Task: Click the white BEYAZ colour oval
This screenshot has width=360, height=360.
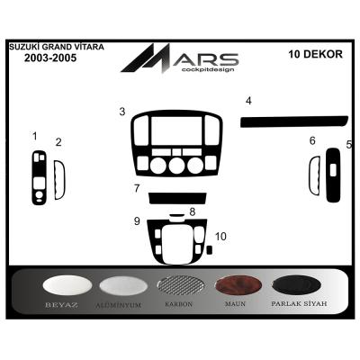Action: coord(67,286)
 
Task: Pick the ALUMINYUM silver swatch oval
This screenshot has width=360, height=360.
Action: coord(123,286)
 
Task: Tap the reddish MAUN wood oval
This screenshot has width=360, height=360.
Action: coord(240,286)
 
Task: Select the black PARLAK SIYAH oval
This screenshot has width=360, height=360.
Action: coord(300,286)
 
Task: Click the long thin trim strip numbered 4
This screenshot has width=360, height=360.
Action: coord(292,120)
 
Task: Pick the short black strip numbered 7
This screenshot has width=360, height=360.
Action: coord(177,197)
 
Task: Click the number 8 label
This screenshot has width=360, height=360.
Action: coord(192,211)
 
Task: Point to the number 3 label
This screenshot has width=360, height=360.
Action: coord(121,112)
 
